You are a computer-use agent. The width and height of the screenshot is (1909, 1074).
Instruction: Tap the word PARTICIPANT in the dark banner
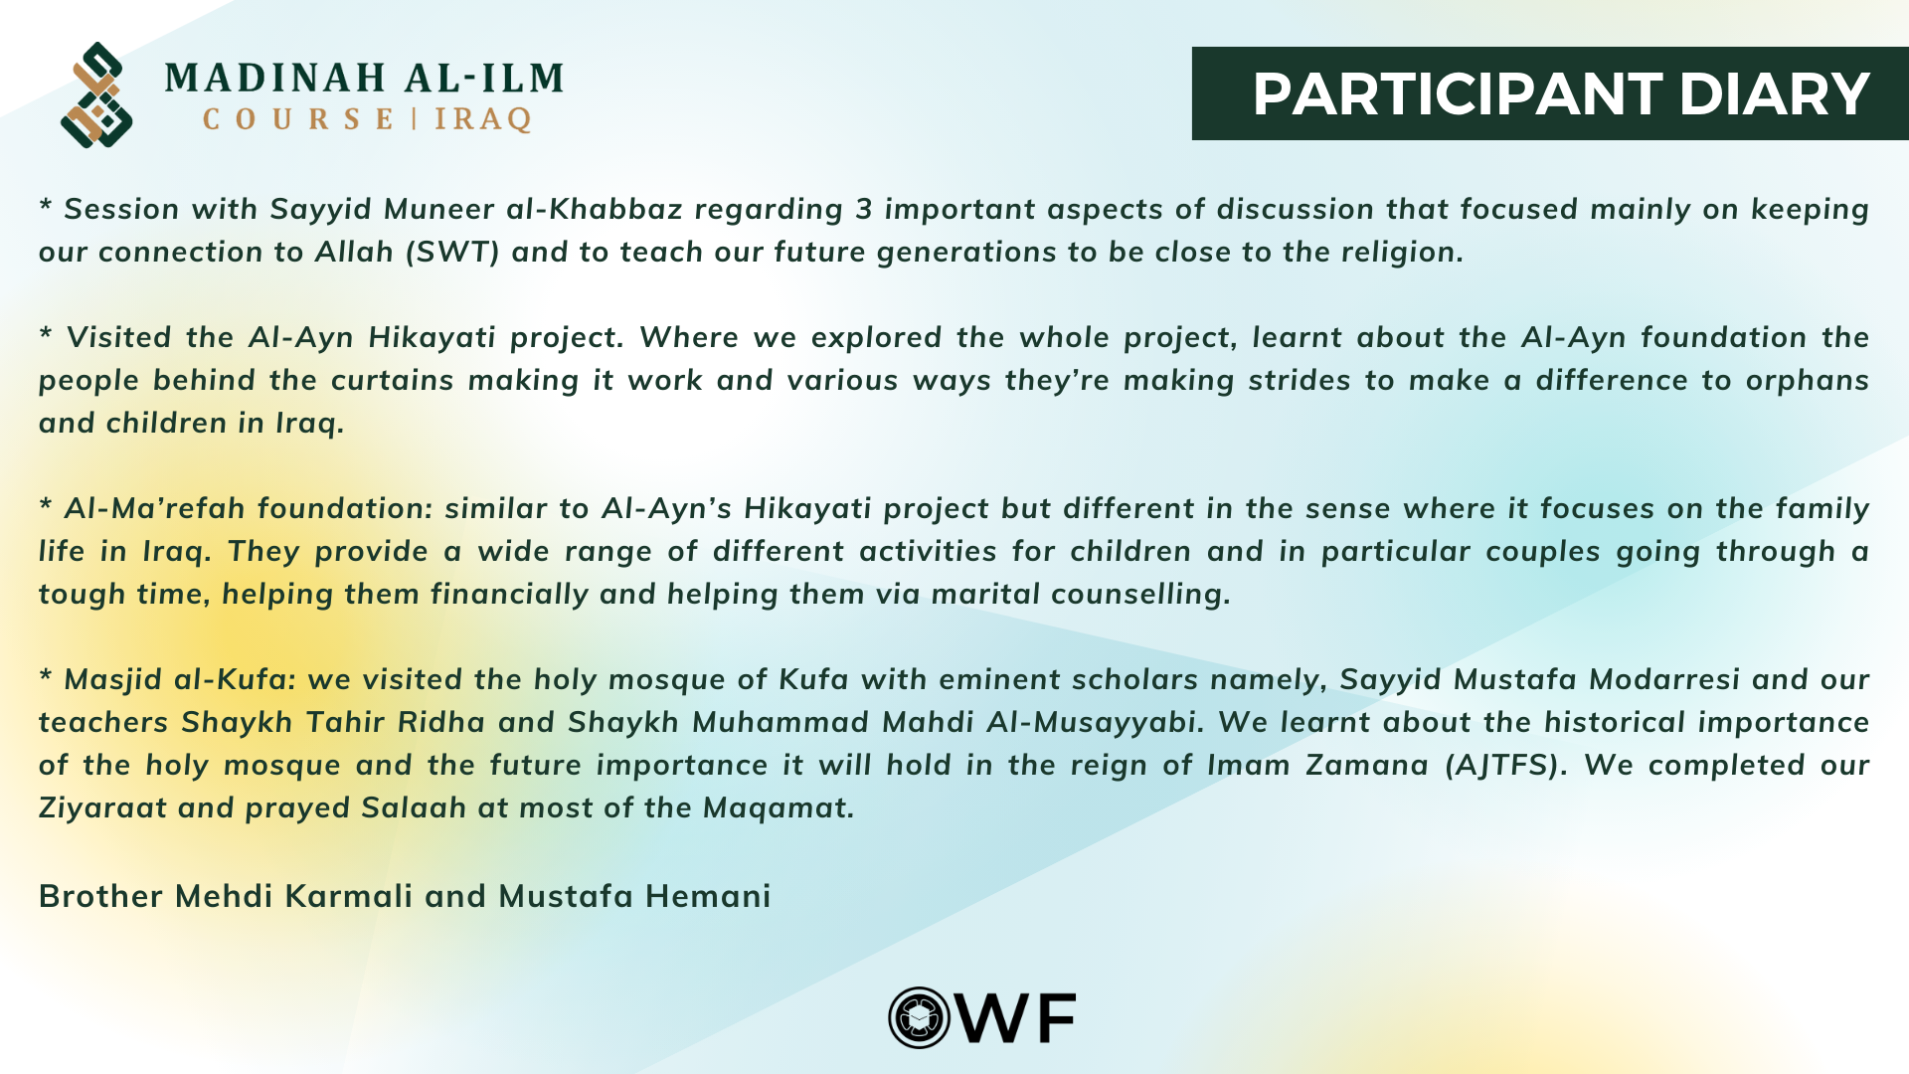pyautogui.click(x=1457, y=93)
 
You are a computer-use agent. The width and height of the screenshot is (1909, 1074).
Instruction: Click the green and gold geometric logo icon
pyautogui.click(x=96, y=94)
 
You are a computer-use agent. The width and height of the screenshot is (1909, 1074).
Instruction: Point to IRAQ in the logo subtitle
pyautogui.click(x=483, y=119)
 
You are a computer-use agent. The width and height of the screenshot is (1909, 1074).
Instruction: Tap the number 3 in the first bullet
pyautogui.click(x=864, y=209)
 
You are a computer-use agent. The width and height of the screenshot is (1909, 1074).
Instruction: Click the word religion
pyautogui.click(x=1402, y=253)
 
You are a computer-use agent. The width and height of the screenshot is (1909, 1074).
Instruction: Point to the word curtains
pyautogui.click(x=392, y=380)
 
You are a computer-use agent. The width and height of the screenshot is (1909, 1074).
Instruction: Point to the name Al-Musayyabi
pyautogui.click(x=1095, y=723)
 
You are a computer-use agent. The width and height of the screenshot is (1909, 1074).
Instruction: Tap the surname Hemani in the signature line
pyautogui.click(x=708, y=896)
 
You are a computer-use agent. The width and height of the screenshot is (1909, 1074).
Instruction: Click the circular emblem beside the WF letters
pyautogui.click(x=920, y=1017)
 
